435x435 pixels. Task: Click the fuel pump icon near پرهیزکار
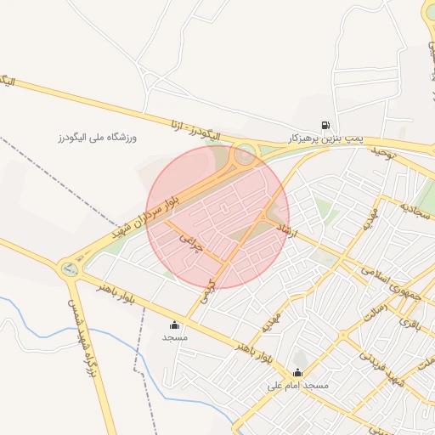tap(325, 125)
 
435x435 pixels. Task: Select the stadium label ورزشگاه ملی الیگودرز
tap(97, 137)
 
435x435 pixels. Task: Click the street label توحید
tap(384, 151)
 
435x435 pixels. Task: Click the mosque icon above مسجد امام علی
tap(297, 372)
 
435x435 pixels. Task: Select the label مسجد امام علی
tap(298, 386)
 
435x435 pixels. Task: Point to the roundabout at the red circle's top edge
tap(245, 154)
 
